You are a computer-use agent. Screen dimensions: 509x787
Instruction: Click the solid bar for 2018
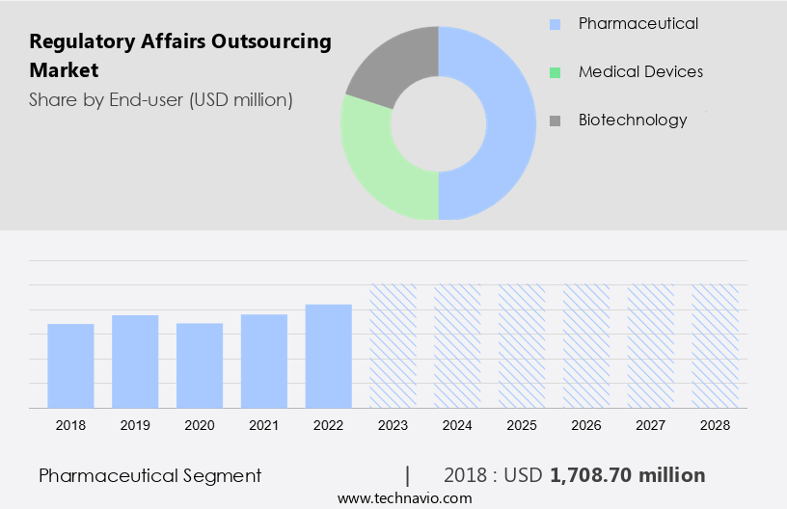pyautogui.click(x=70, y=365)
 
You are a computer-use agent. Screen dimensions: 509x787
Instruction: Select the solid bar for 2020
pyautogui.click(x=200, y=365)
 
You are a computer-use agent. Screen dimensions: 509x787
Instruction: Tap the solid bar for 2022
pyautogui.click(x=329, y=356)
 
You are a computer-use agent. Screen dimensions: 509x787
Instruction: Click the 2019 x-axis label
pyautogui.click(x=135, y=425)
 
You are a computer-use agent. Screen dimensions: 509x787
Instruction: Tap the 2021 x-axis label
pyautogui.click(x=264, y=425)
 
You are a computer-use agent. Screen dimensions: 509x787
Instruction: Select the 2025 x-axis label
pyautogui.click(x=522, y=425)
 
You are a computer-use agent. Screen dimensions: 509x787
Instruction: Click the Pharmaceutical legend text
pyautogui.click(x=638, y=23)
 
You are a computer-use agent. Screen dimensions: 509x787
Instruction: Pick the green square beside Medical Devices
pyautogui.click(x=555, y=72)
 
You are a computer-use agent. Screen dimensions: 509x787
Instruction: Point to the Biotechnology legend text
pyautogui.click(x=633, y=120)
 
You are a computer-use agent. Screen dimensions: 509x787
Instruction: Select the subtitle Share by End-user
pyautogui.click(x=160, y=99)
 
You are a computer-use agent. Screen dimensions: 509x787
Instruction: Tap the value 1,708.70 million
pyautogui.click(x=627, y=475)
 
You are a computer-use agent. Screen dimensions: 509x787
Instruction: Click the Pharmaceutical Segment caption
pyautogui.click(x=149, y=475)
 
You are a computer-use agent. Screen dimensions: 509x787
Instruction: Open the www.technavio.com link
pyautogui.click(x=404, y=497)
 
